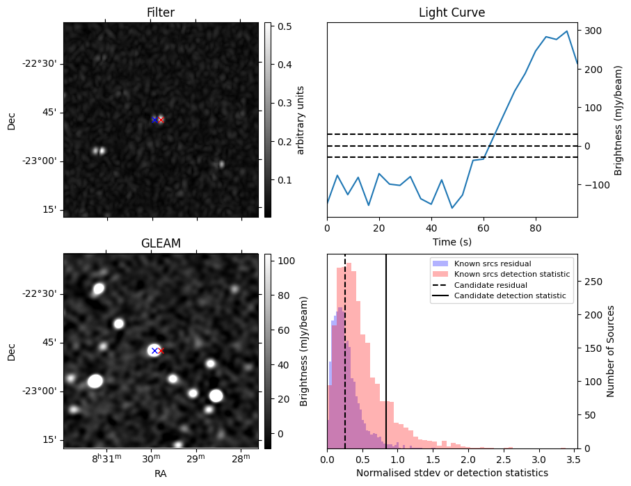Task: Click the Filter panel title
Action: tap(160, 13)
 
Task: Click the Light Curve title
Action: tap(452, 13)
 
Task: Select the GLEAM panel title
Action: tap(160, 243)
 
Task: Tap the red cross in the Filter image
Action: tap(161, 120)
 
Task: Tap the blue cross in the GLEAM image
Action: tap(154, 350)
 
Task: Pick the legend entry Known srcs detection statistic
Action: tap(511, 275)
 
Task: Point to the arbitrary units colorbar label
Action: tap(301, 120)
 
